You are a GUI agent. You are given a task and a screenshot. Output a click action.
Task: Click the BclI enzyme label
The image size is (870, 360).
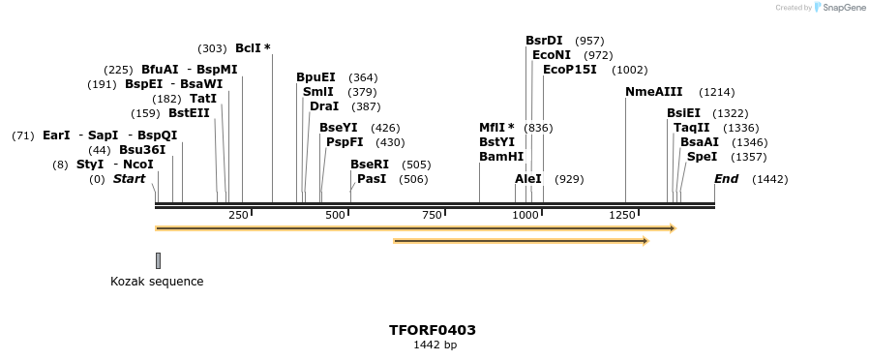249,48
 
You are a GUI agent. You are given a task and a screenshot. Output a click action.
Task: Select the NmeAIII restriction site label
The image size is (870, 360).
653,92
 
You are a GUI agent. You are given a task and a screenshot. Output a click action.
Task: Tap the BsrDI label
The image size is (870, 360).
544,41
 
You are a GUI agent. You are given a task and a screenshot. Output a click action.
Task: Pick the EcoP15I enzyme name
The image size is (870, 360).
569,70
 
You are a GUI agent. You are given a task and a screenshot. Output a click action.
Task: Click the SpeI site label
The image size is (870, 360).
702,157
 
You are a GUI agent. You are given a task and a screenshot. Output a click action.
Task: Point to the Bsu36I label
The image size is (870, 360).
142,150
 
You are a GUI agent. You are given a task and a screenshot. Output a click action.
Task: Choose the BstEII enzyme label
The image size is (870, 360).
189,113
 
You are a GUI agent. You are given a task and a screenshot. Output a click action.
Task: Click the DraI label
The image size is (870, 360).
324,106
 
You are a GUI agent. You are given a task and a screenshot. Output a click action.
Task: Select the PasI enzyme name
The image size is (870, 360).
372,179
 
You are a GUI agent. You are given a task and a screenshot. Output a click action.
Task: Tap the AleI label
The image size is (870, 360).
528,179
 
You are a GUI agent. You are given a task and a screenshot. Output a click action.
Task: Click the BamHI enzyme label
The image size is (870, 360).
501,157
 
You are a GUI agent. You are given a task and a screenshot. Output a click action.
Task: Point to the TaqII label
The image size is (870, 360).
691,128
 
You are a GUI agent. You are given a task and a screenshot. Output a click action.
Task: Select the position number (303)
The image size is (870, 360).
212,48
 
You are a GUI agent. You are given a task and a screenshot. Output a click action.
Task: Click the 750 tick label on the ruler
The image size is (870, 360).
432,215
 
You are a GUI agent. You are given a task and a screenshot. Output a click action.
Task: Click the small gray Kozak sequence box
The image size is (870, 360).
158,260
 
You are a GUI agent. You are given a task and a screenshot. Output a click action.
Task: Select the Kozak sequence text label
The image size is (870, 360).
157,282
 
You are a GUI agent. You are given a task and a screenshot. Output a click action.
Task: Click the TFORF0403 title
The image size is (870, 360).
433,330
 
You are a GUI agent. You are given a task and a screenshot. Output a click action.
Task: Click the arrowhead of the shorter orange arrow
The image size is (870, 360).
644,240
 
